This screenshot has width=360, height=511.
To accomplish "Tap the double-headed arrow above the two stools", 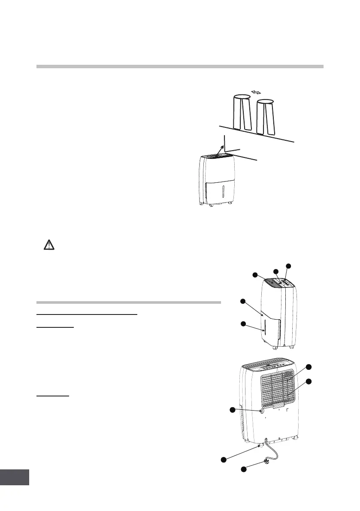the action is coord(256,92).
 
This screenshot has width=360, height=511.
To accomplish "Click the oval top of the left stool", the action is coord(242,97).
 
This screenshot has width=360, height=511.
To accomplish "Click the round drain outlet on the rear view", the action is coord(261,410).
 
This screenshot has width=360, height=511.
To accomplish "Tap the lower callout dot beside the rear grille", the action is coord(308,381).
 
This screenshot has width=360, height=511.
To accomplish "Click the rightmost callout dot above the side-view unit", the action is coord(288,266).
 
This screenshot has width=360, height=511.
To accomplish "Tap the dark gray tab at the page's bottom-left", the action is coord(15,477).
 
